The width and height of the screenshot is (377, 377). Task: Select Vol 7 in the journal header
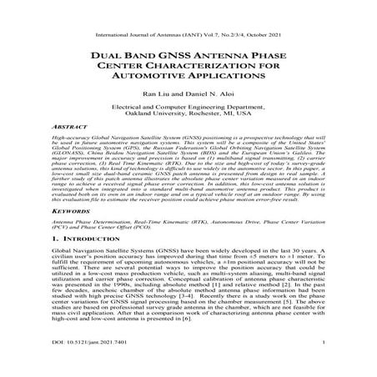tap(214, 13)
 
